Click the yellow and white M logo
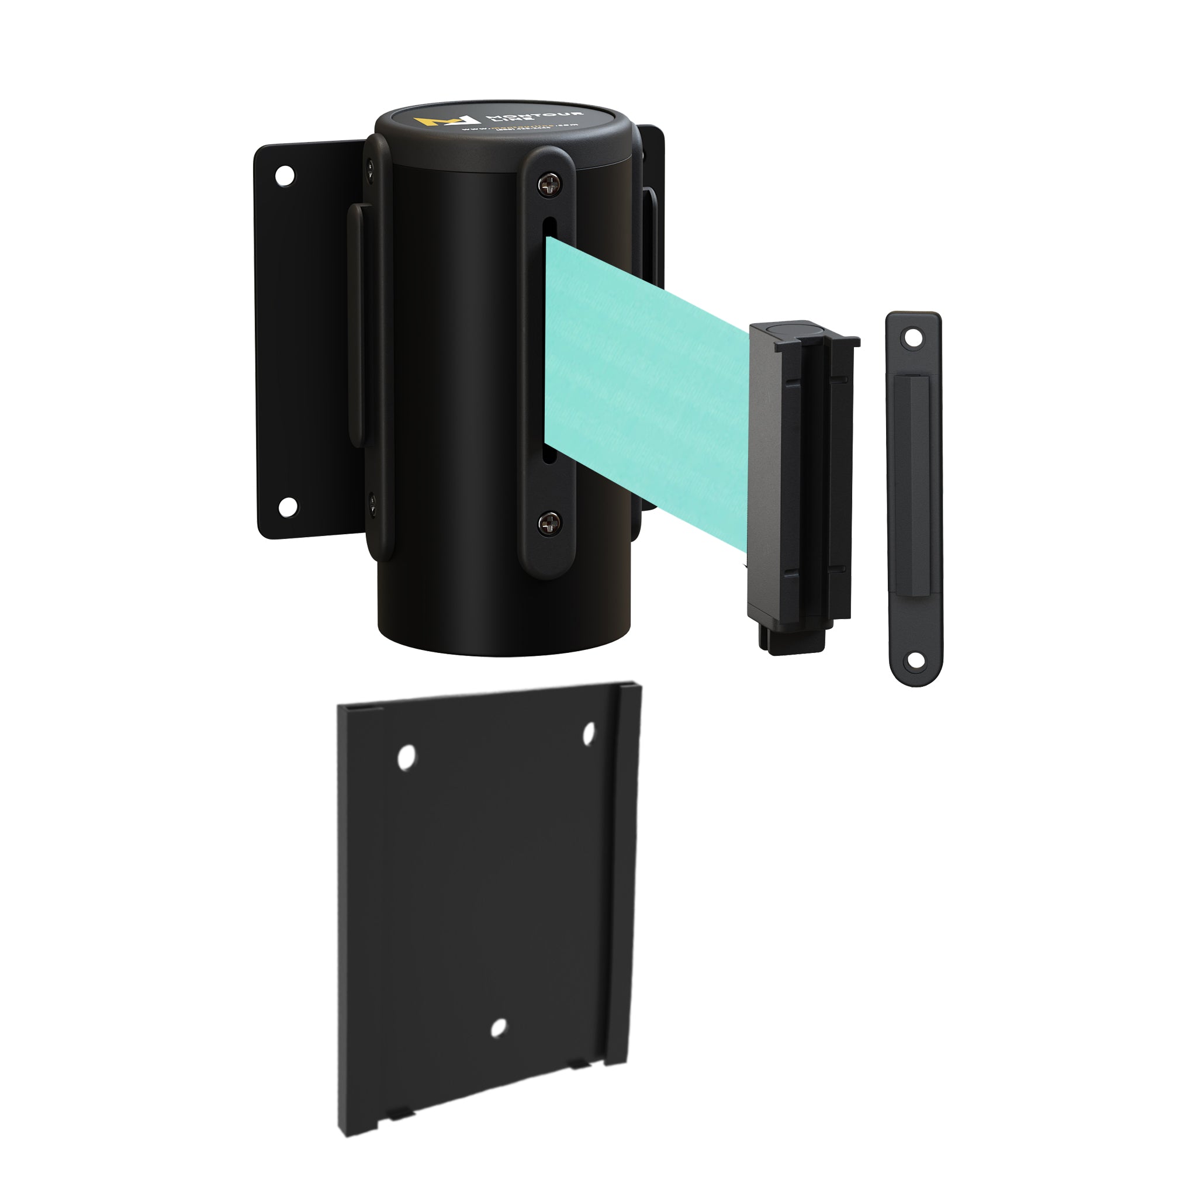pos(447,121)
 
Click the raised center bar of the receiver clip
pos(915,496)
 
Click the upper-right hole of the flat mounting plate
pos(589,733)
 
